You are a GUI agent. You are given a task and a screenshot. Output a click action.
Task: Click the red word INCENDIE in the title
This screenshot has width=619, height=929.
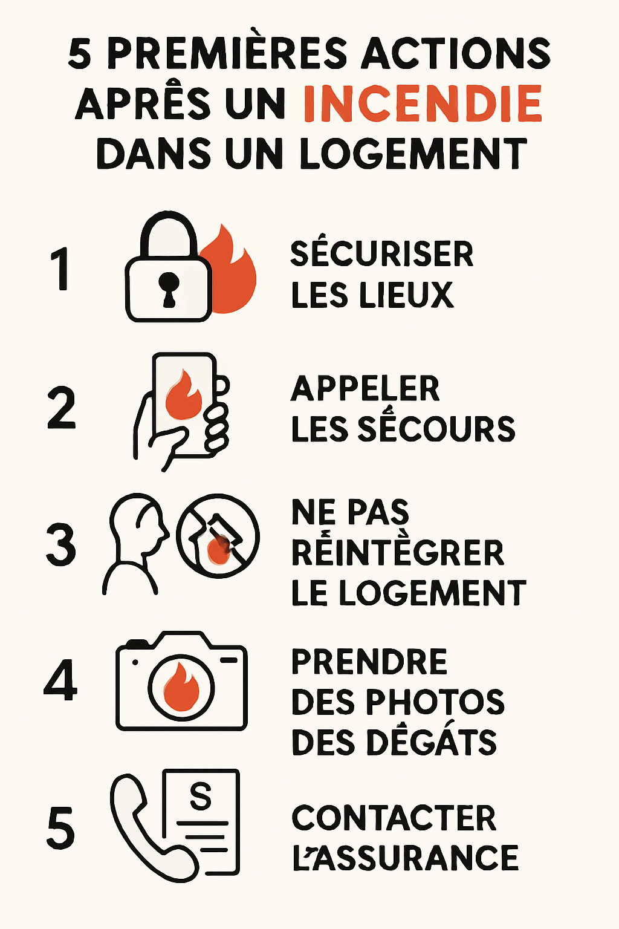click(423, 103)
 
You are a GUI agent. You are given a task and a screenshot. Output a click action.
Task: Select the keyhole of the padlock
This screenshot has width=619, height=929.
click(169, 289)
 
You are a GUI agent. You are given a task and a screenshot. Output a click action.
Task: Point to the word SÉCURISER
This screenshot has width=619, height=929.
click(382, 254)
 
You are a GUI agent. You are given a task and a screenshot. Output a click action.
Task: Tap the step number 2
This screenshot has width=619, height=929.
click(62, 407)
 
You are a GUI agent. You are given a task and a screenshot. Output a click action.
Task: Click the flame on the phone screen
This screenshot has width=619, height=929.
click(183, 394)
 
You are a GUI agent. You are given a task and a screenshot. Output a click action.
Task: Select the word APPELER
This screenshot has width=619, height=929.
click(365, 388)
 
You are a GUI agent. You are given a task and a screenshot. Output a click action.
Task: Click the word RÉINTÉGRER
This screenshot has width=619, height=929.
click(398, 552)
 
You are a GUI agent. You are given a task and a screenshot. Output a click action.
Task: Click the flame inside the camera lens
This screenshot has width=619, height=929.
click(181, 687)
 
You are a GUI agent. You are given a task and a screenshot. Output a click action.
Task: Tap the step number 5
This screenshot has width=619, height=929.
click(60, 827)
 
